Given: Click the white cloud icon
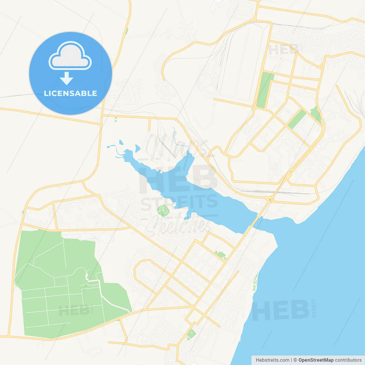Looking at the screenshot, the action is coord(70,56).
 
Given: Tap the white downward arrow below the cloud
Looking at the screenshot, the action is coord(67,78).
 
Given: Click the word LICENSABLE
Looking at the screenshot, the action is coord(70,93).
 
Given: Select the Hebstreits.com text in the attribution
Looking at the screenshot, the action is coord(273,360).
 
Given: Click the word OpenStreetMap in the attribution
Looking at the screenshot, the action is coord(316,360).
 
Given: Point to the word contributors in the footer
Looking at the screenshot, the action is coord(348,360).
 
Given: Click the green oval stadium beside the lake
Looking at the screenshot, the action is coord(163,210).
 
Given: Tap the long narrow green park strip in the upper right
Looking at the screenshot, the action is coord(265,90).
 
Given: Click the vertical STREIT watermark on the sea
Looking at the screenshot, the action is coord(314,308).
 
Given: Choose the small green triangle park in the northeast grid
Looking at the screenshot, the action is coord(316,115).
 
